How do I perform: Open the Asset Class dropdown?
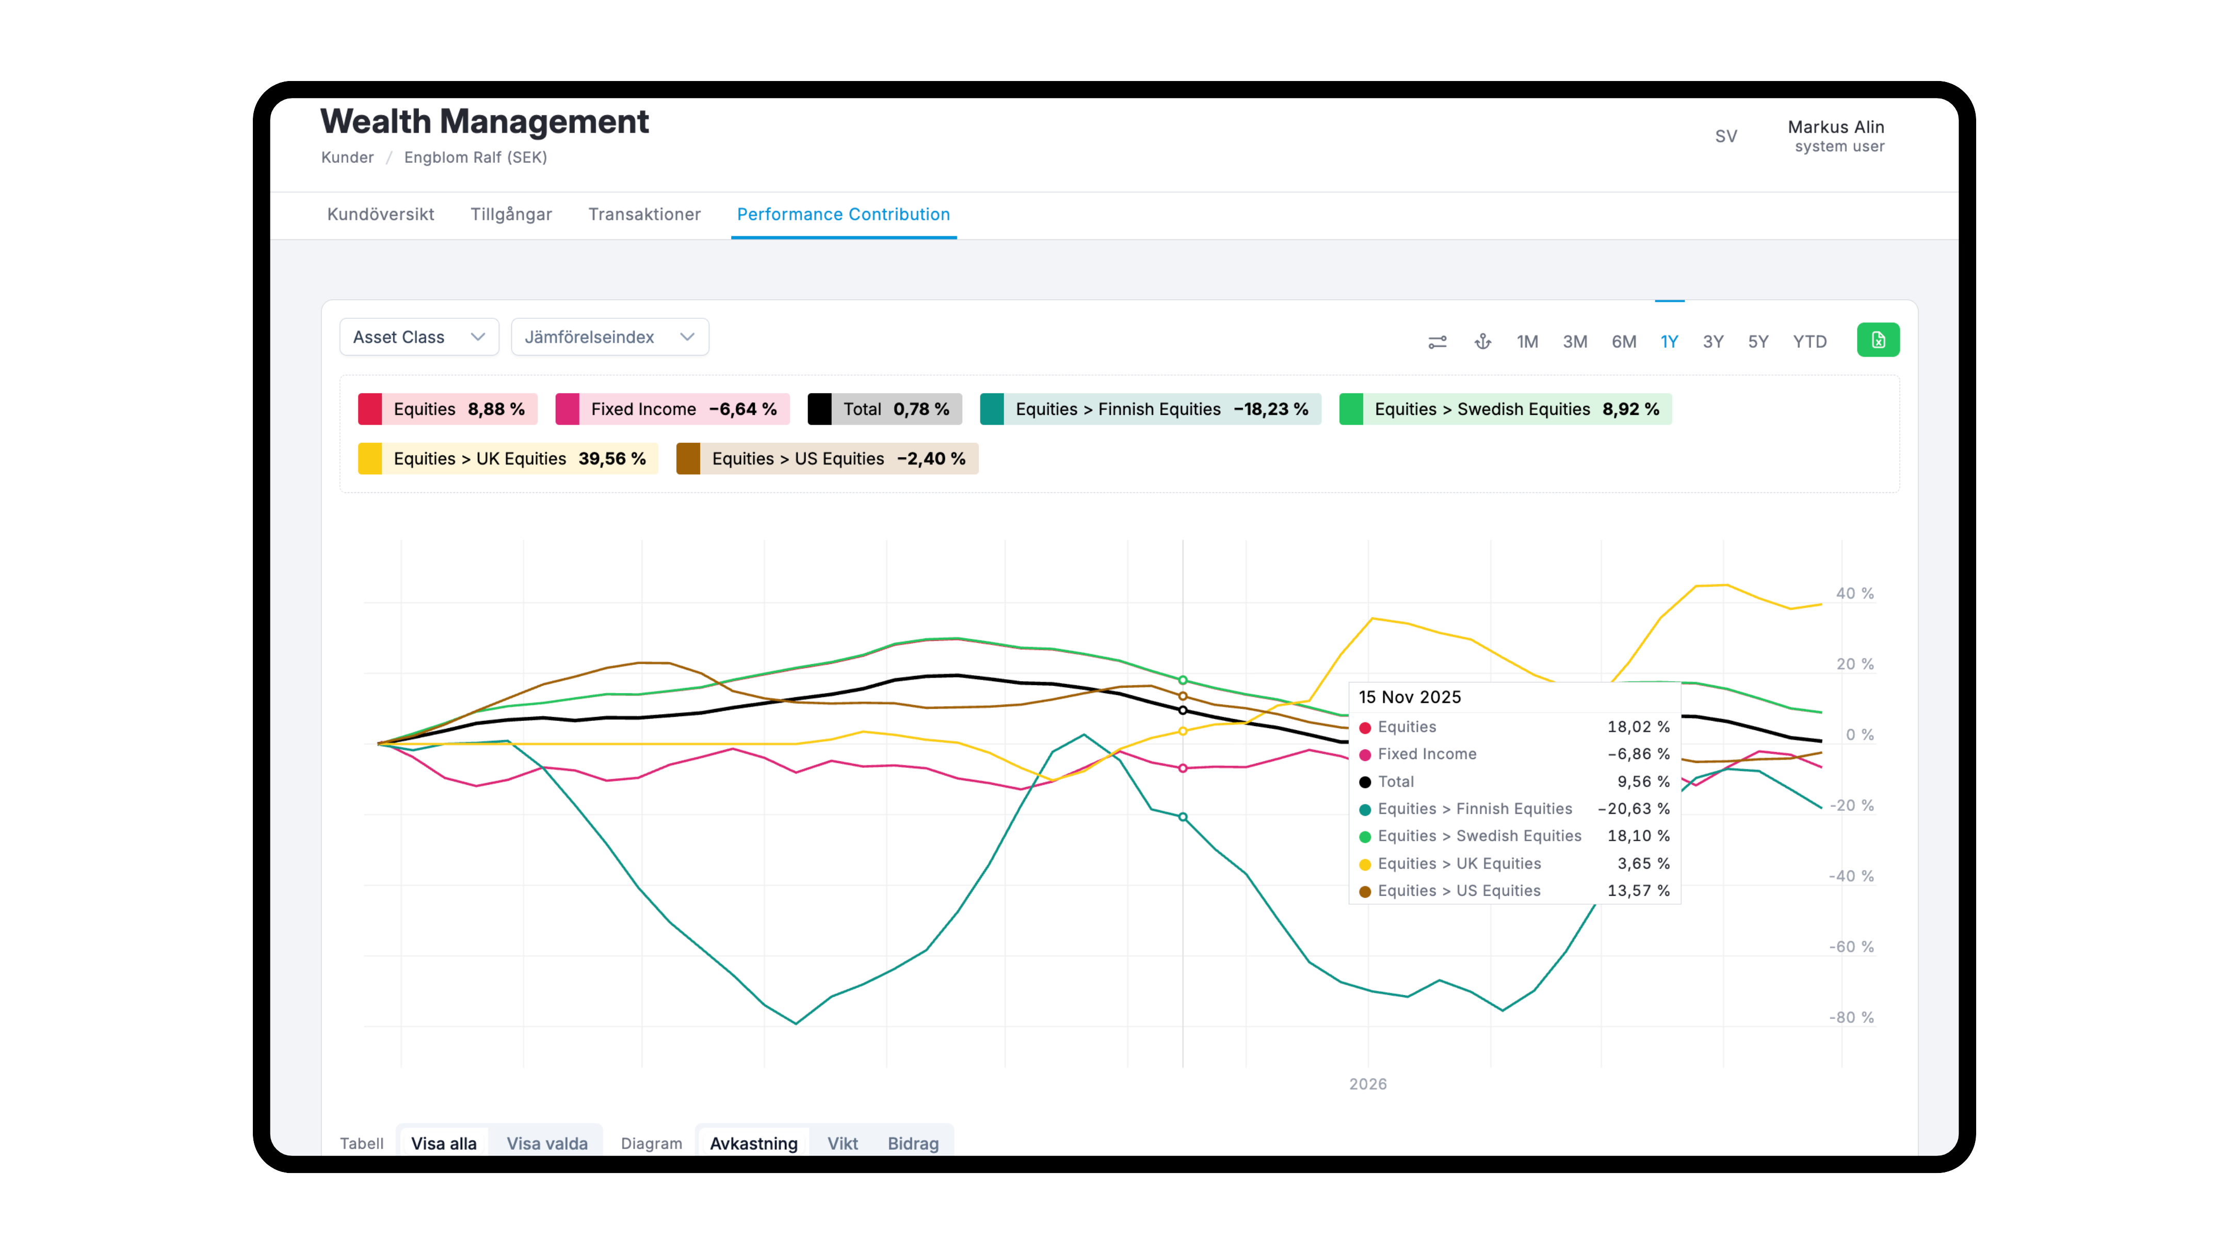point(419,336)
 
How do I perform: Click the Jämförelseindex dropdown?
point(609,336)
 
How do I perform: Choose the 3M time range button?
point(1575,341)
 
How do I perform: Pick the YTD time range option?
point(1810,341)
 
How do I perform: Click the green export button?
point(1878,340)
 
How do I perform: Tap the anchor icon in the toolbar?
point(1482,341)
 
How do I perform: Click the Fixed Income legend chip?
point(672,409)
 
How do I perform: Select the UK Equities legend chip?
point(508,459)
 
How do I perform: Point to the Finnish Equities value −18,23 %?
point(1270,409)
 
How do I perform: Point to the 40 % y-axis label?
point(1854,593)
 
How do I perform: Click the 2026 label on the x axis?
point(1367,1084)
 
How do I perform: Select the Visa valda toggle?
point(547,1143)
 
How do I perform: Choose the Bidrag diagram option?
point(913,1143)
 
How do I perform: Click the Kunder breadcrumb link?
point(347,157)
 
